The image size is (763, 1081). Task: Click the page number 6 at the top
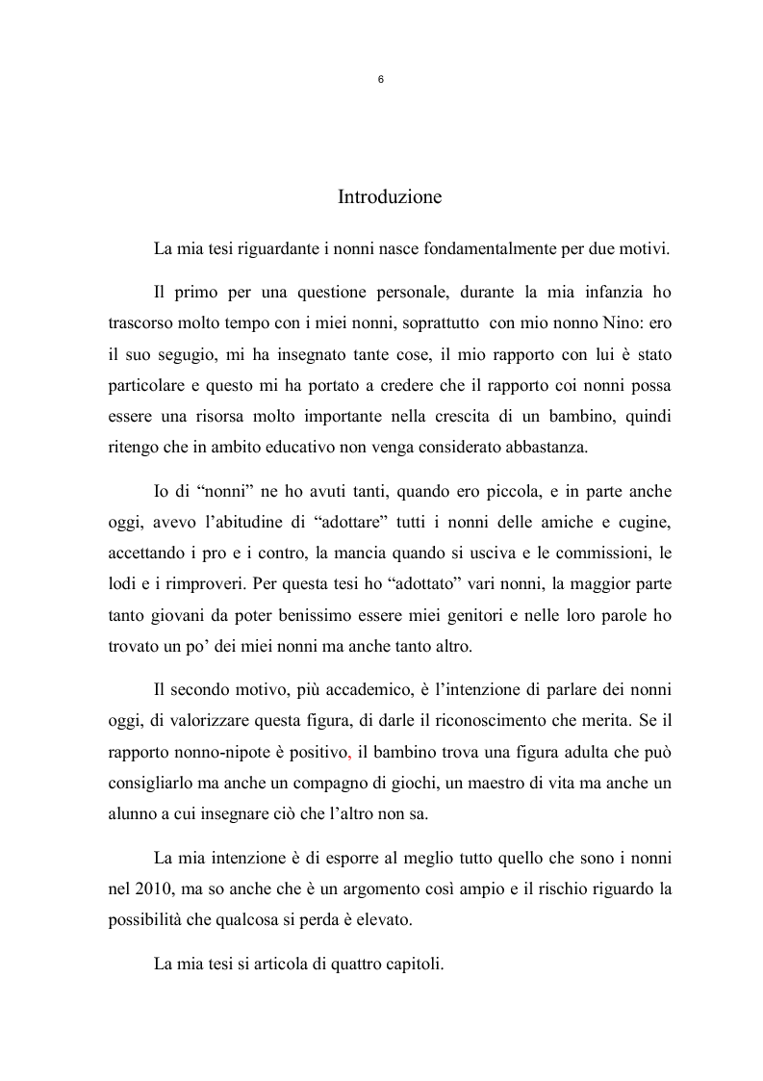(x=381, y=81)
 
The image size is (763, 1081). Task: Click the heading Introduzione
(x=390, y=197)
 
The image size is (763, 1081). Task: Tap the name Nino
(x=591, y=323)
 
